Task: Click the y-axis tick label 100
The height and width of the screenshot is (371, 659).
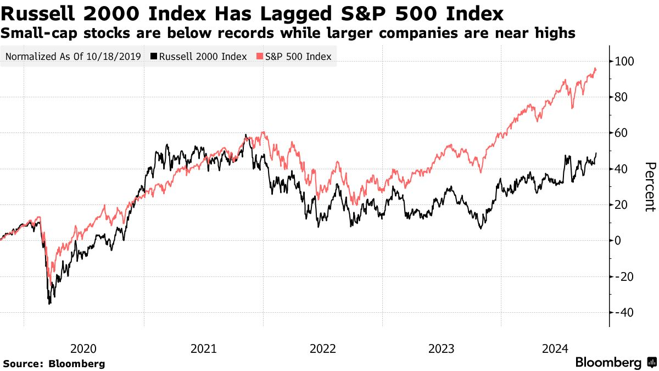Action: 626,62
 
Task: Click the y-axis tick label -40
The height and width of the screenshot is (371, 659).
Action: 625,312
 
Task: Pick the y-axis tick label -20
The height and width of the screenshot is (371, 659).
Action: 625,276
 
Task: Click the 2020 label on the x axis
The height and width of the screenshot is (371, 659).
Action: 84,348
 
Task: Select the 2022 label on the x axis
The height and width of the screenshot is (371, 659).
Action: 323,348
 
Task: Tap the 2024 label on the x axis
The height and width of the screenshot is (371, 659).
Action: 561,348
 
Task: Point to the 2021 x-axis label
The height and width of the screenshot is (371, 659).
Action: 203,348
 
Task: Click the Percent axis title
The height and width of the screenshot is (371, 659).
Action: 650,187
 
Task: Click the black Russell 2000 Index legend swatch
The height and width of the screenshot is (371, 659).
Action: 154,57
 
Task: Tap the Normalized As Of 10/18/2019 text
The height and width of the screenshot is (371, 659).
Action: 72,57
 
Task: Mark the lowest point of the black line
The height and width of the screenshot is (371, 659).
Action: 49,304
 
